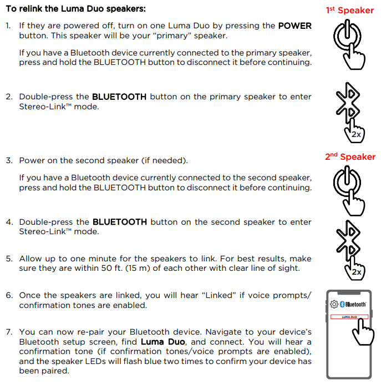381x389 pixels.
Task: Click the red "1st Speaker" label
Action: point(350,10)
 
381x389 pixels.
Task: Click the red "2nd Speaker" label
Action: point(350,156)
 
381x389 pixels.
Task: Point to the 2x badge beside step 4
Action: point(357,272)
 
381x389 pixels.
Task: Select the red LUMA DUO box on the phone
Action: point(349,317)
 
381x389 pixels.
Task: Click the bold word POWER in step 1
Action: point(294,26)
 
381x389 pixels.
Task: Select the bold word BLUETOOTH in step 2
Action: point(119,97)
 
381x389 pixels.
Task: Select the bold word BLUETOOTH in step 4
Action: point(119,222)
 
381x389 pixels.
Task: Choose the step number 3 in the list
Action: point(9,160)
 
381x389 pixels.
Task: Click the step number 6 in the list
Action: point(9,295)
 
